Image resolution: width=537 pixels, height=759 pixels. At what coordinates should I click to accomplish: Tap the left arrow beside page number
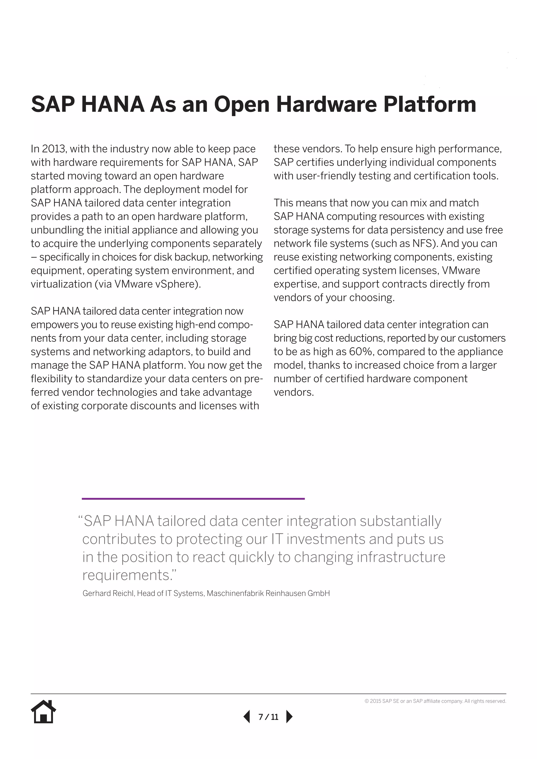(x=247, y=716)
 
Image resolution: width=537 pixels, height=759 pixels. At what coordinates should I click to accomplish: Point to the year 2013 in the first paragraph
(x=55, y=149)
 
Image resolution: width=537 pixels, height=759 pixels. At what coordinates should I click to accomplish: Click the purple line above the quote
(x=193, y=498)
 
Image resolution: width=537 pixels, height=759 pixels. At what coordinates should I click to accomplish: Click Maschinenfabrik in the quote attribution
(x=235, y=593)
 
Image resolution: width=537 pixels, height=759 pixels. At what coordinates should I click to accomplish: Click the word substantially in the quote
(x=400, y=521)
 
